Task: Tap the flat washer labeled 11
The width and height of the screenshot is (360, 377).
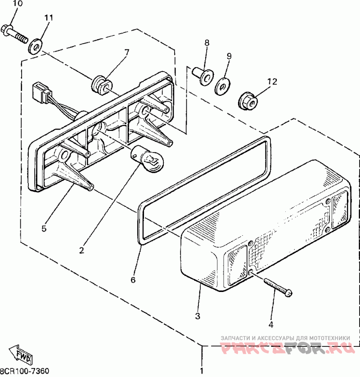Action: tap(35, 46)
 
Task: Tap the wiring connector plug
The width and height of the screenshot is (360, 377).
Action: tap(40, 92)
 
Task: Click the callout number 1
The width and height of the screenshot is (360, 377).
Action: tap(201, 371)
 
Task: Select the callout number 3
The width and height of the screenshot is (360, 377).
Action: tap(198, 316)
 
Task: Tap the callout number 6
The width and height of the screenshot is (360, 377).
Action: tap(133, 280)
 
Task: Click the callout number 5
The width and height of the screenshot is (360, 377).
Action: tap(44, 229)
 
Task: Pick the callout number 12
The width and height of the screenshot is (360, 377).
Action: tap(273, 81)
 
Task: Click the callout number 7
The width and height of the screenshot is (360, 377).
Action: tap(126, 52)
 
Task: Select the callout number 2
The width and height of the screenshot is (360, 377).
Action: tap(81, 250)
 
